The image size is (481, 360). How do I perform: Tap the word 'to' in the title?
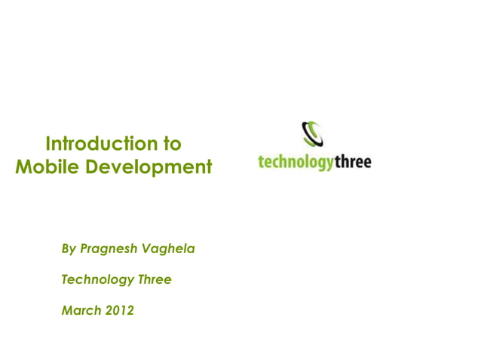tap(171, 143)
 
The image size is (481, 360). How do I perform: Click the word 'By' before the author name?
tap(69, 249)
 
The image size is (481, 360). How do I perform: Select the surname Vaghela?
tap(170, 249)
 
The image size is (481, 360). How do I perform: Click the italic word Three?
tap(155, 279)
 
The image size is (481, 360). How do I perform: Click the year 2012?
tap(120, 310)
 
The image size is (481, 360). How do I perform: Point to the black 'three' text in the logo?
tap(353, 161)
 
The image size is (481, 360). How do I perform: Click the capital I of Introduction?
tap(49, 143)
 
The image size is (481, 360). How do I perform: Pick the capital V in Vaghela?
tap(149, 249)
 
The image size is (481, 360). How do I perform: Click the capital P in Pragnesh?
tap(85, 249)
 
